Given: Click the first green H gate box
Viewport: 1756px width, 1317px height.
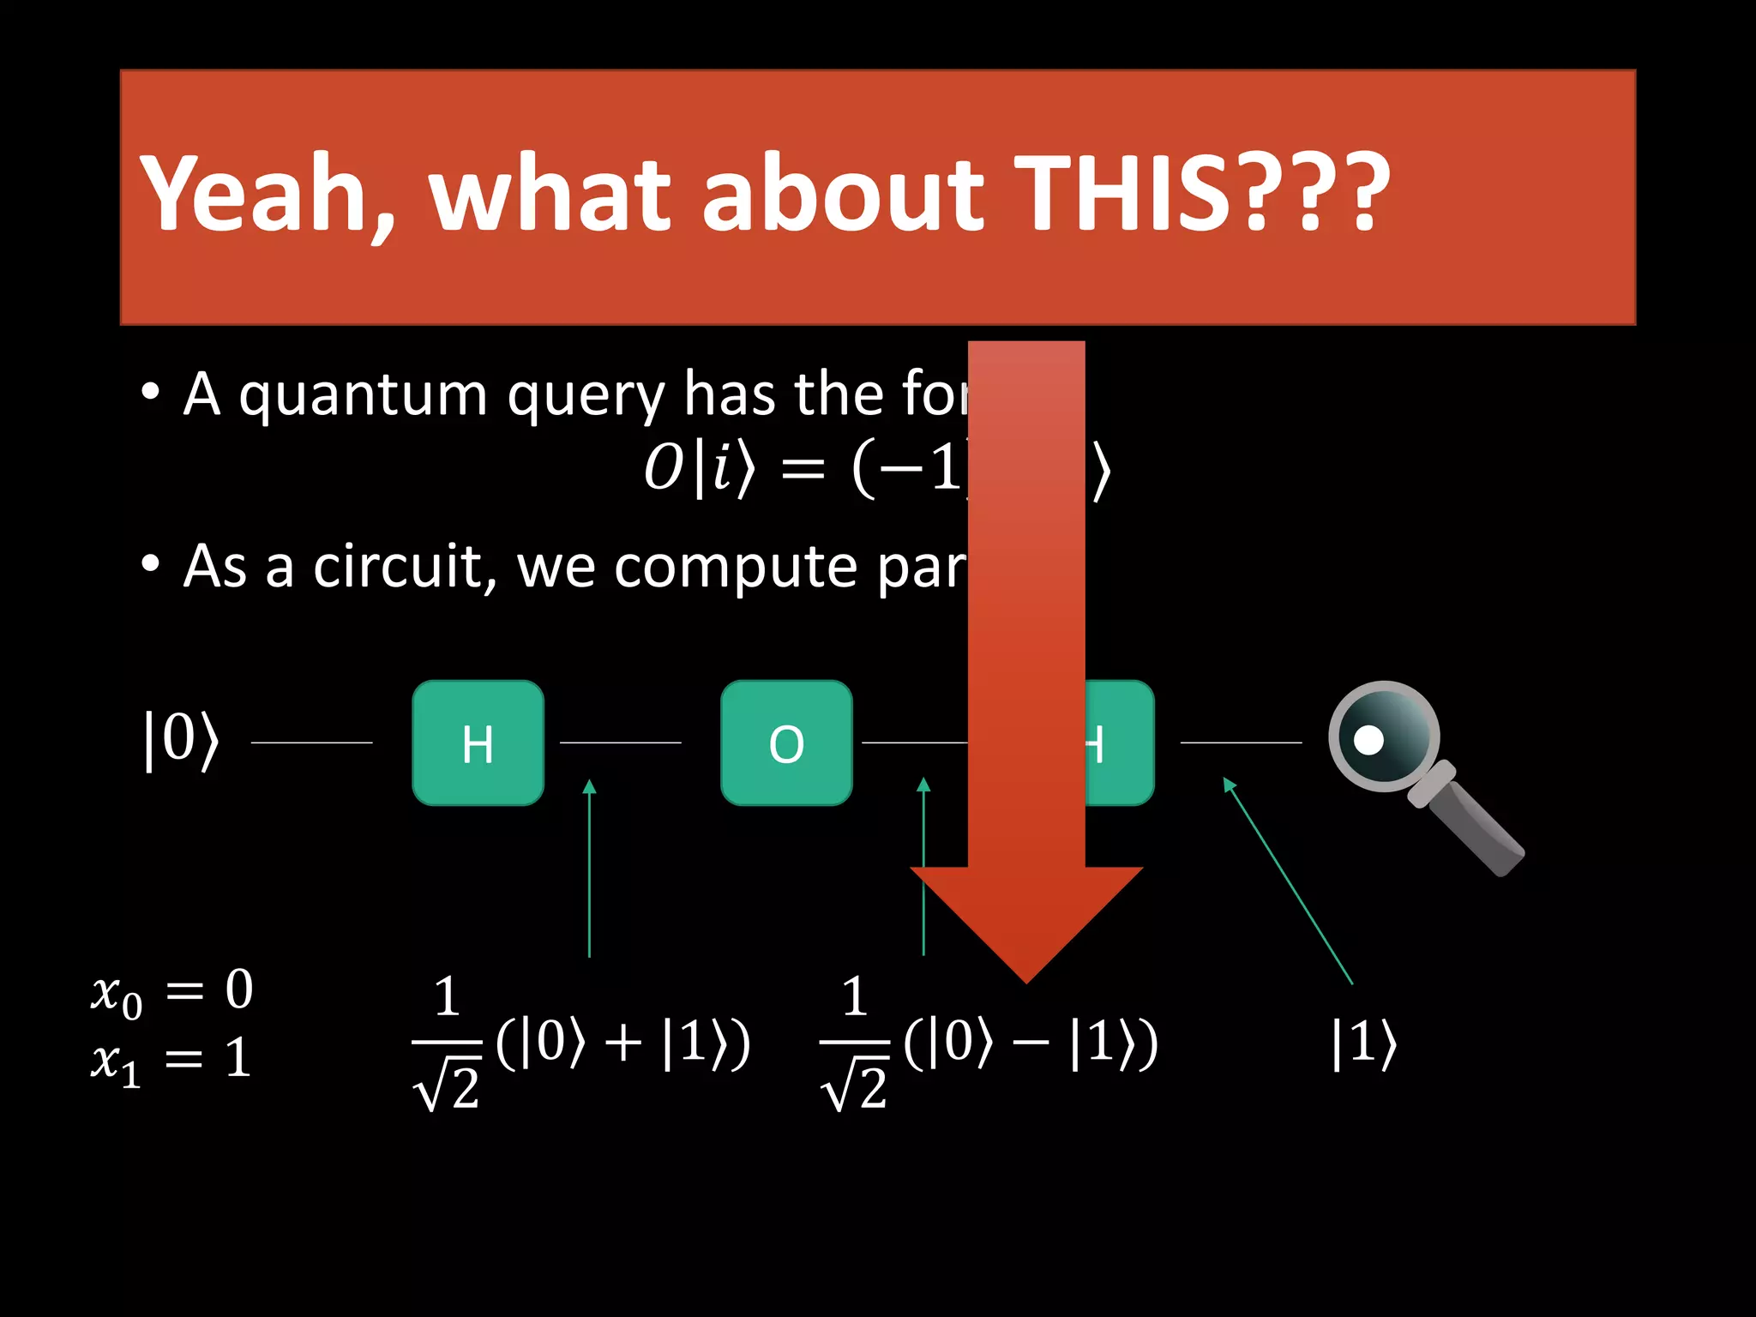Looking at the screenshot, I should [478, 743].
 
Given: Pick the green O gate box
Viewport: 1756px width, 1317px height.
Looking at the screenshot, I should [786, 743].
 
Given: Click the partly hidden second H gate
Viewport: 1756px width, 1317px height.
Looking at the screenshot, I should [1119, 743].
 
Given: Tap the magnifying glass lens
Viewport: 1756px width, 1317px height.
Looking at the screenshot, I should [1382, 736].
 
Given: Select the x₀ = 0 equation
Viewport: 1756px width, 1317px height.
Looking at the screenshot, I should [171, 991].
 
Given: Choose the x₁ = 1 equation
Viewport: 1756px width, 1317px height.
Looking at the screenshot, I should [171, 1060].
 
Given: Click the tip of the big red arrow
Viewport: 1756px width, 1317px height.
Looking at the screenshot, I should [1026, 977].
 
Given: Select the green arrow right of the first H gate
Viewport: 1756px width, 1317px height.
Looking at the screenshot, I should [589, 866].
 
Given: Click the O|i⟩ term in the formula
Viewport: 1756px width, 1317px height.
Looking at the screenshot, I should [699, 470].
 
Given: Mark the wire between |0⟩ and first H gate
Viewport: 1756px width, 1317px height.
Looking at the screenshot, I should [311, 743].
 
